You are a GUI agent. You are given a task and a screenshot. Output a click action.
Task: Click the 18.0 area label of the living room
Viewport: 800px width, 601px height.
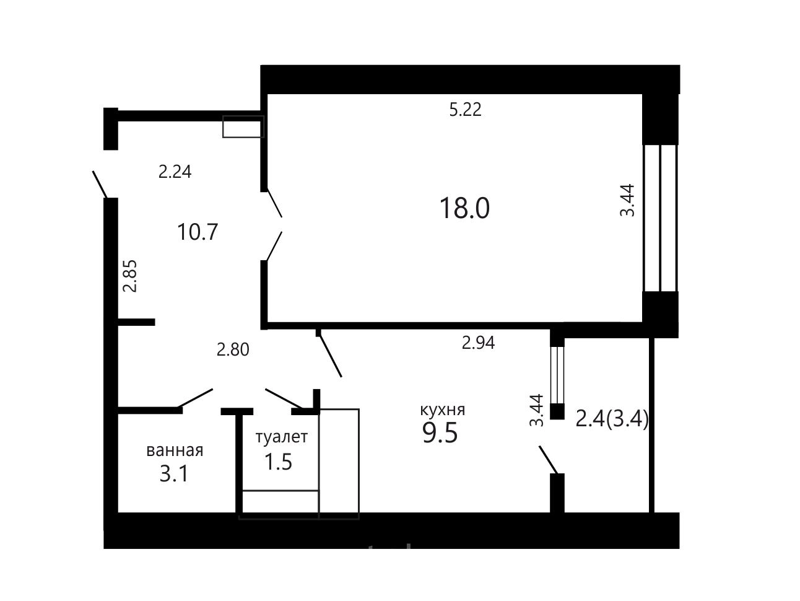pos(464,208)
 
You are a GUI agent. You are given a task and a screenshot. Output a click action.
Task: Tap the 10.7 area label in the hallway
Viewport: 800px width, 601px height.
pos(197,232)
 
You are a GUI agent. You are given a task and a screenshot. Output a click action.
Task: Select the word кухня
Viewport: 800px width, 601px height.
pos(443,410)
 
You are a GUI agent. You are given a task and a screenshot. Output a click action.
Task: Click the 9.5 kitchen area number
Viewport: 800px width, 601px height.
pos(440,432)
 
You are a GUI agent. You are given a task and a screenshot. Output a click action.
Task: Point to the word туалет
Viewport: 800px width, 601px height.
pos(282,437)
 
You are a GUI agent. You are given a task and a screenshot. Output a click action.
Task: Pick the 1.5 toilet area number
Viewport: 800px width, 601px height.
pos(278,462)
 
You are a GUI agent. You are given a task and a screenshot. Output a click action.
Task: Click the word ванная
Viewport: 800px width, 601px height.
pos(175,451)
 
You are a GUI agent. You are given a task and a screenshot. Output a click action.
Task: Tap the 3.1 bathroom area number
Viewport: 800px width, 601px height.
pos(174,474)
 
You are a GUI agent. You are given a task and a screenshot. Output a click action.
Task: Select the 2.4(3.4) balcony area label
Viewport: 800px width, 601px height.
pos(612,419)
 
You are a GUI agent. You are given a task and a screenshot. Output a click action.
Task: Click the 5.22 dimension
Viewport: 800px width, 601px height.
pos(465,110)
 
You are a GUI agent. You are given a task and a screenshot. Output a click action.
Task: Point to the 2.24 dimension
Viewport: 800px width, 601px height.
pos(175,172)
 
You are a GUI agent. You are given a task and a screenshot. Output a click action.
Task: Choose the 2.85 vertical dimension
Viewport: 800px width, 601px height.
pos(130,276)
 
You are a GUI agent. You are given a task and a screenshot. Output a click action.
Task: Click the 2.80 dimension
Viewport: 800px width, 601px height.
pos(233,349)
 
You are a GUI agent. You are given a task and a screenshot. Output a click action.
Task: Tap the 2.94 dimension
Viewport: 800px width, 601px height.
pos(478,343)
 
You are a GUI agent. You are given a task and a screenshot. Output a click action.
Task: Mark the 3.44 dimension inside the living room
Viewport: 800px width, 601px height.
pos(627,201)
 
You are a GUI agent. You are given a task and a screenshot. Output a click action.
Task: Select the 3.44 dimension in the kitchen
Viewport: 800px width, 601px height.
pos(536,410)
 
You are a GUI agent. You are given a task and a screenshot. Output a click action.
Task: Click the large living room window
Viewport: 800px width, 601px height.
pos(661,218)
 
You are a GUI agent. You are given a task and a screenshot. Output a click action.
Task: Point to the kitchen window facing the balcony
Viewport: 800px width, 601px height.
pos(557,375)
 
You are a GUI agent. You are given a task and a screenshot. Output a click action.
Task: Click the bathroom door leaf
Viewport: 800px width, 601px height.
pos(195,398)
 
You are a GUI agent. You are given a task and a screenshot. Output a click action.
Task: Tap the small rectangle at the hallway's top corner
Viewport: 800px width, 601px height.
pos(243,126)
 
